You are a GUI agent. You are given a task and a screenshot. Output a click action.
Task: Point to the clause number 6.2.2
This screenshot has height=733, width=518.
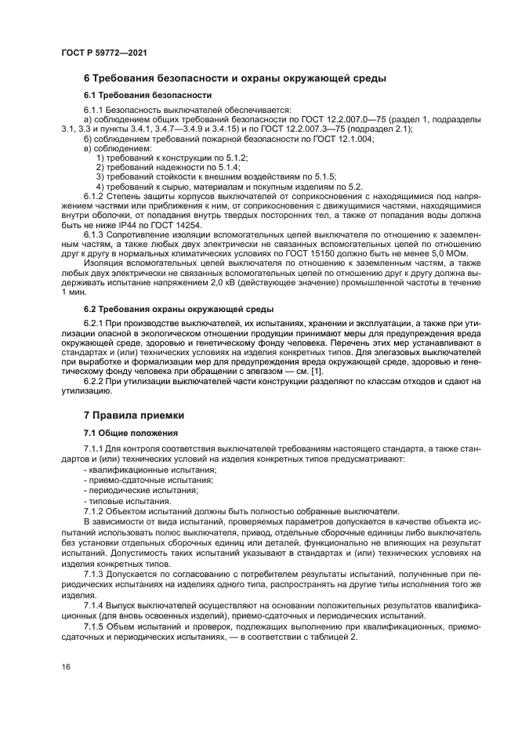pos(95,381)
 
